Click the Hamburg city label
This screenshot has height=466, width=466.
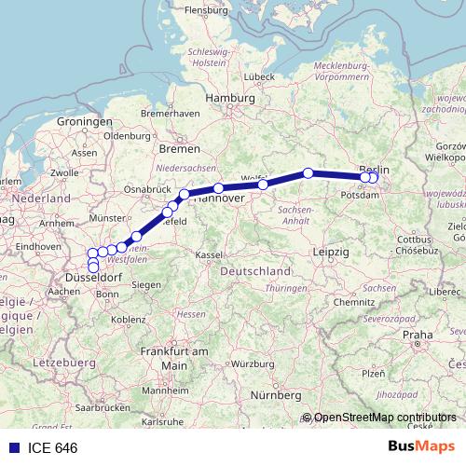[230, 98]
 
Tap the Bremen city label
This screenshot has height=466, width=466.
[179, 148]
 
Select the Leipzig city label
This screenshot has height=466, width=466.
[331, 253]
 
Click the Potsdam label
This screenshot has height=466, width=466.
[361, 197]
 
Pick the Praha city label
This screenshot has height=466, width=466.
[418, 334]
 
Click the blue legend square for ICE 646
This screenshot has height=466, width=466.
[12, 448]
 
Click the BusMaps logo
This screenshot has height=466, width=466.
[420, 447]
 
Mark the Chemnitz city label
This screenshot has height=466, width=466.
[353, 303]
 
